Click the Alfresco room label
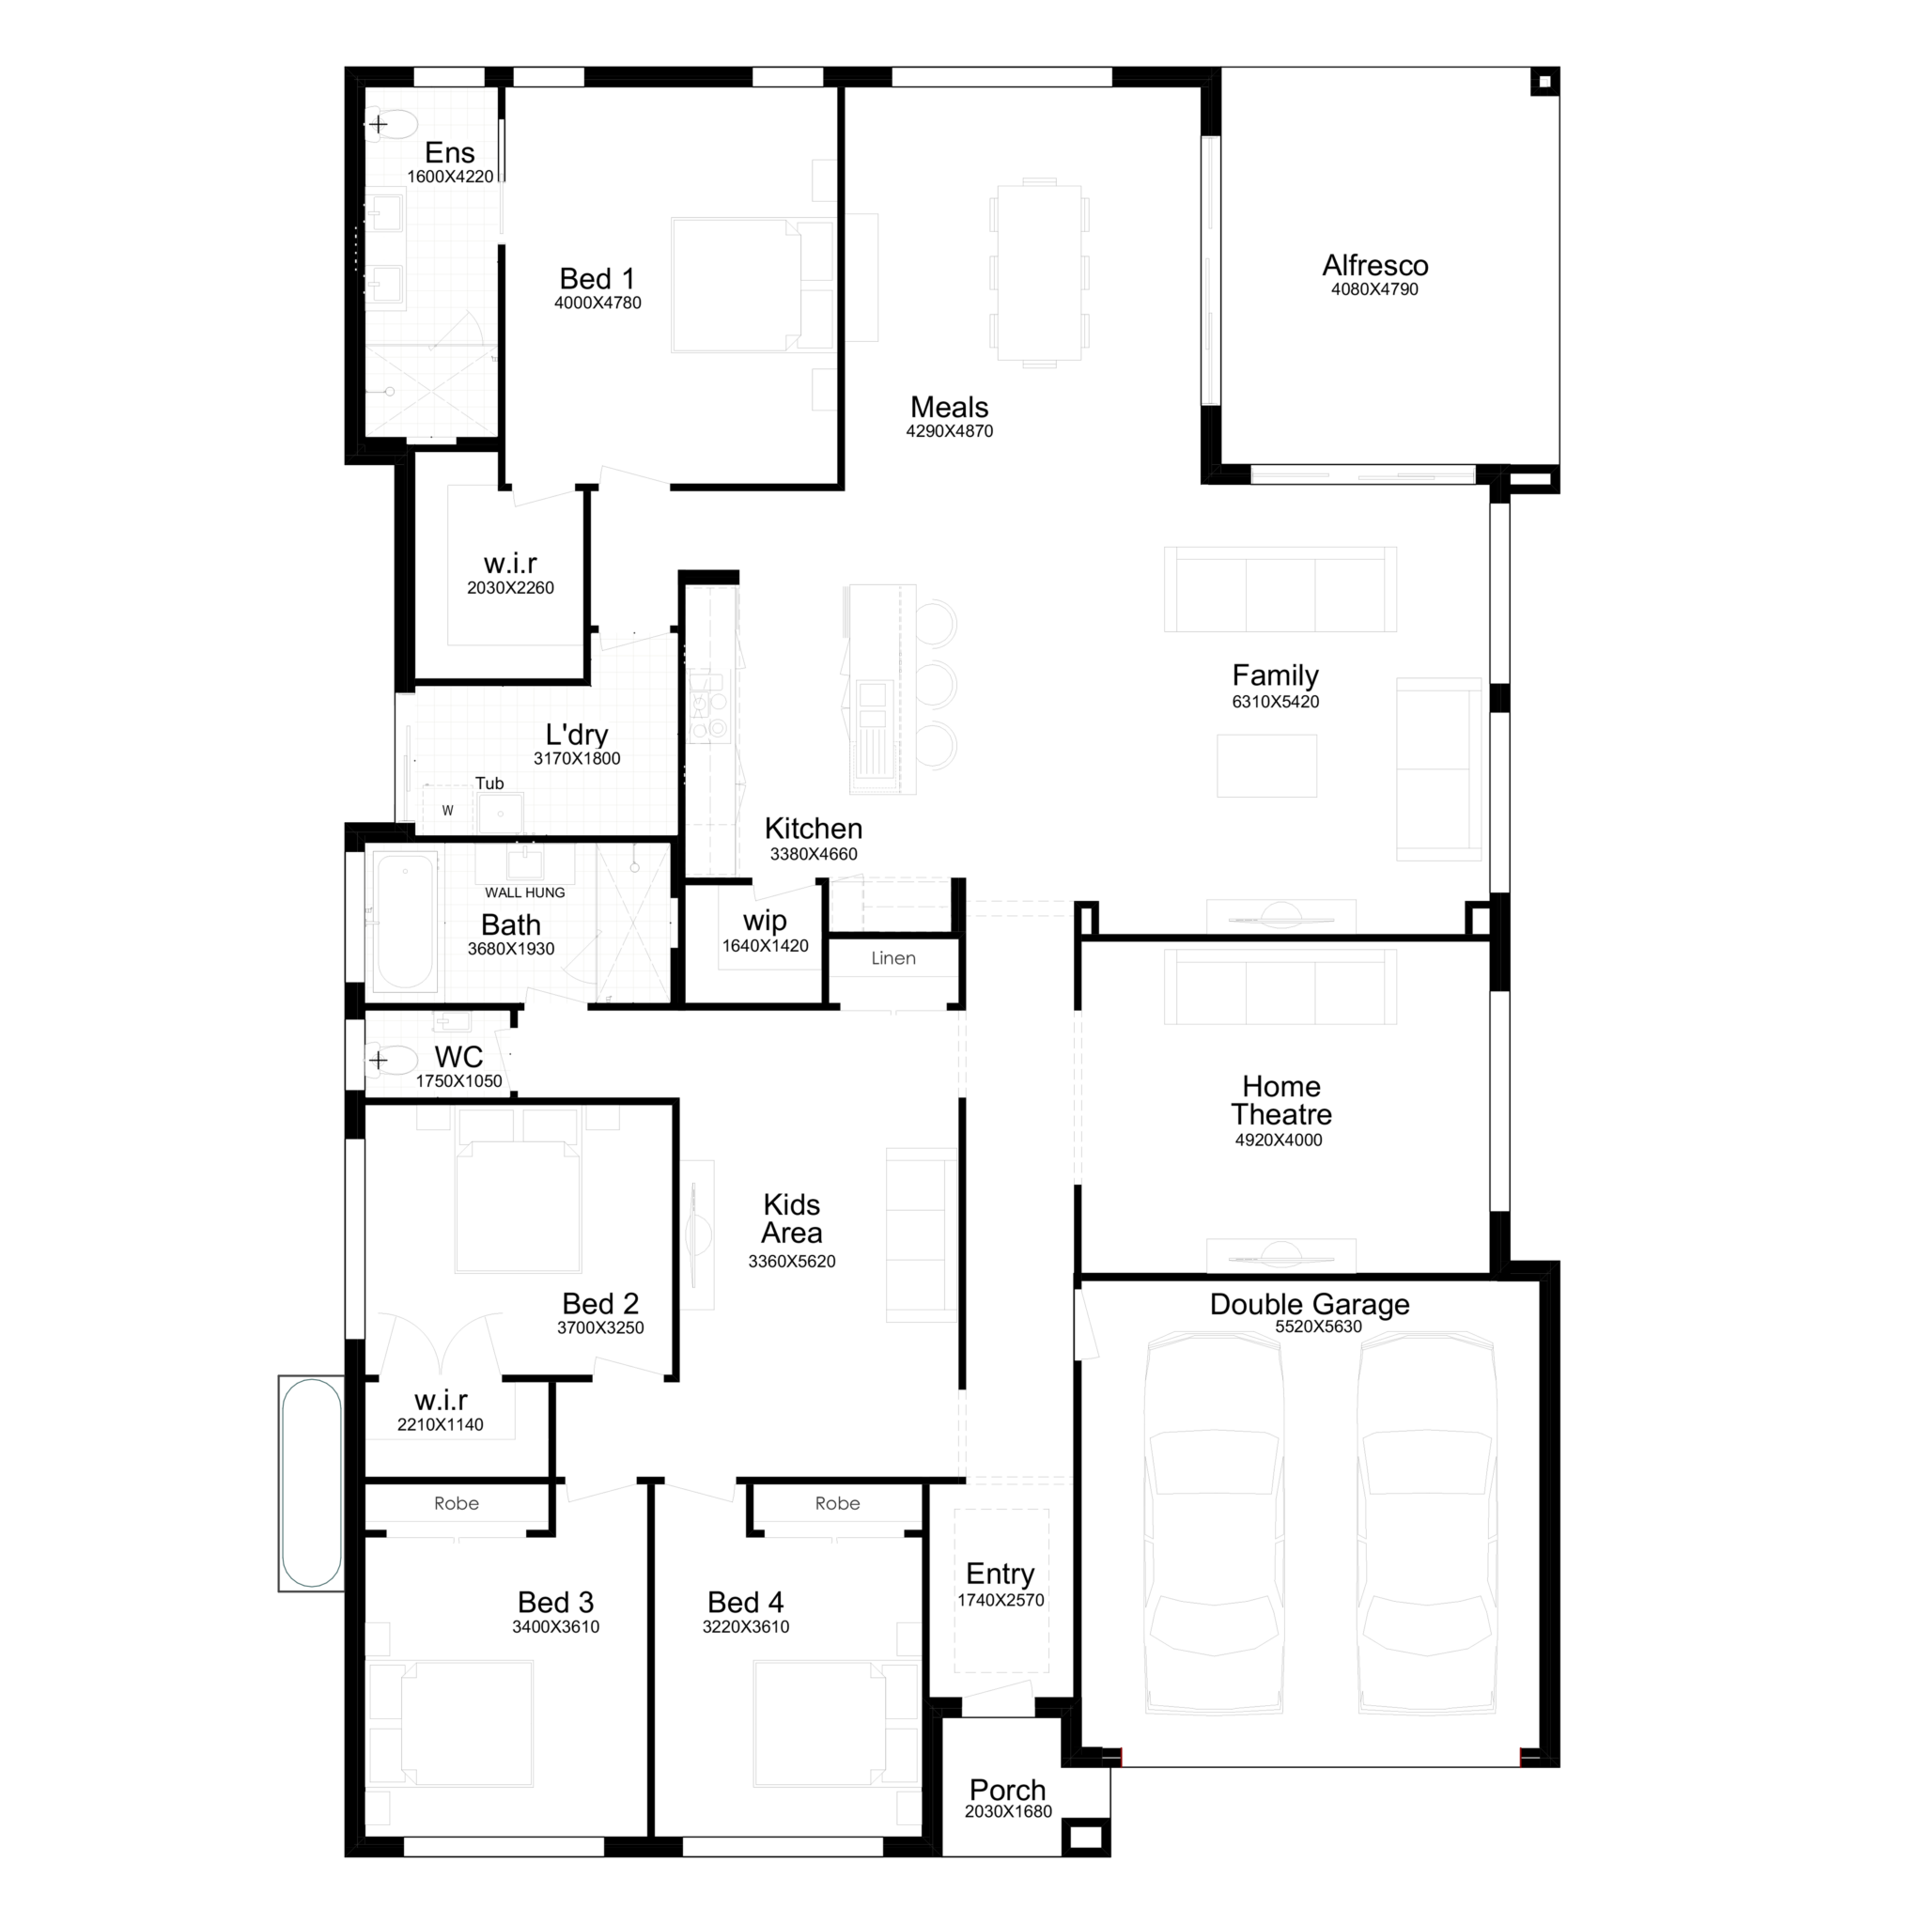click(x=1374, y=266)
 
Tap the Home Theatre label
click(x=1280, y=1100)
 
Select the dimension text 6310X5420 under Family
click(x=1275, y=702)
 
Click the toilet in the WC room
click(x=392, y=1061)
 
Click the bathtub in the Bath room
click(x=405, y=922)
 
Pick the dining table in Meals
click(x=1039, y=272)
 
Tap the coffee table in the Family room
click(x=1266, y=766)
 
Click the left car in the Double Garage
click(x=1213, y=1524)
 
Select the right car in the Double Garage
click(x=1427, y=1524)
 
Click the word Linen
click(x=893, y=958)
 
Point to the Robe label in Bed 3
click(x=456, y=1504)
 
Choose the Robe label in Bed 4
click(x=836, y=1504)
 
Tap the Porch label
click(x=1008, y=1790)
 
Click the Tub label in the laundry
click(x=489, y=784)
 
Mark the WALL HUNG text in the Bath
click(x=525, y=892)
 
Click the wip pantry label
click(x=765, y=922)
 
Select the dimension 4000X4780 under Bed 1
click(x=597, y=303)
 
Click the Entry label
click(x=1000, y=1574)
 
